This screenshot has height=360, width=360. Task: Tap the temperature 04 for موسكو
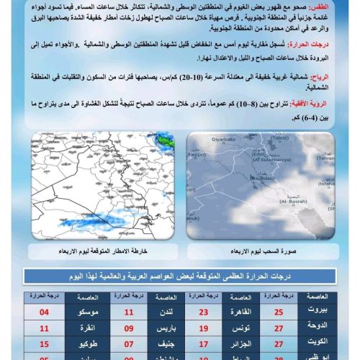point(45,312)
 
